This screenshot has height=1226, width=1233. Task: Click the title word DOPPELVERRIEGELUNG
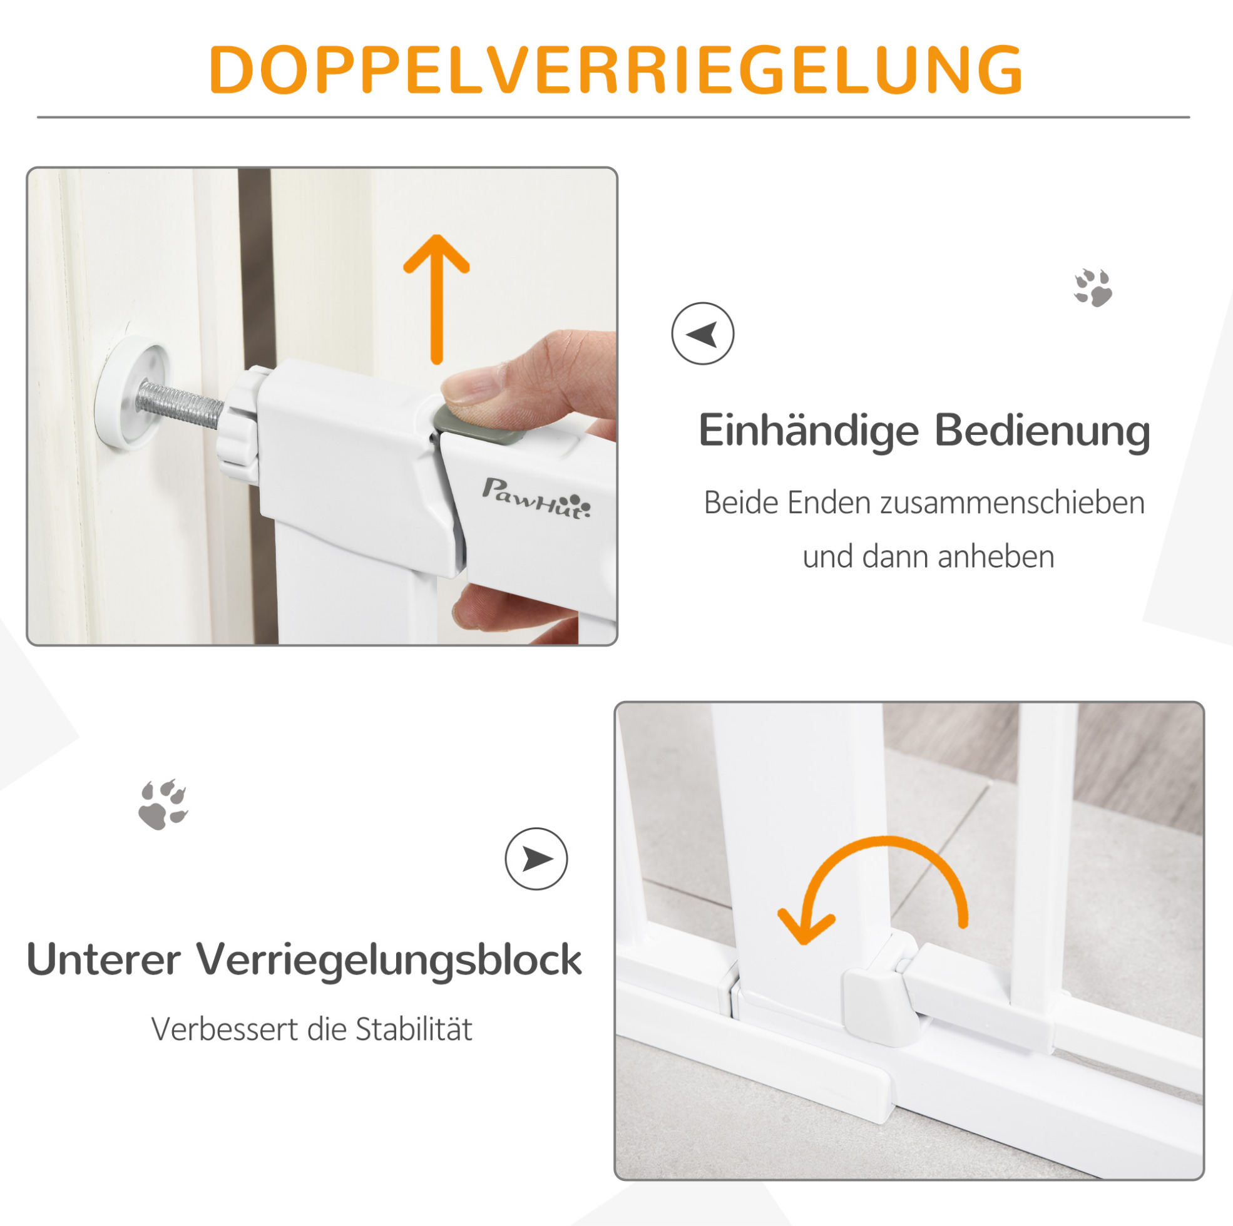click(x=616, y=69)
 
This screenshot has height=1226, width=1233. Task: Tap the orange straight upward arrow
click(x=436, y=299)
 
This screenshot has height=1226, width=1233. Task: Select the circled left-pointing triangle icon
click(x=703, y=334)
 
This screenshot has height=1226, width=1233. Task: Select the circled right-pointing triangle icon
click(x=536, y=859)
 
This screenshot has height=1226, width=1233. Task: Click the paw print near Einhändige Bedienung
click(x=1093, y=288)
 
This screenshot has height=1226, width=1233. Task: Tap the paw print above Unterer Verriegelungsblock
click(x=163, y=804)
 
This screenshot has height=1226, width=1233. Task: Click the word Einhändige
click(x=809, y=432)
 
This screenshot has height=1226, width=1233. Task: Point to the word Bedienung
click(x=1043, y=431)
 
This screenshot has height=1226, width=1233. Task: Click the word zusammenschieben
click(x=1013, y=503)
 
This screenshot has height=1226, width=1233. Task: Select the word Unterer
click(x=104, y=960)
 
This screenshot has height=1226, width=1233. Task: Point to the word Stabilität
click(x=414, y=1029)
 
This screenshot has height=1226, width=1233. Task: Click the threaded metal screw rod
click(x=180, y=404)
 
